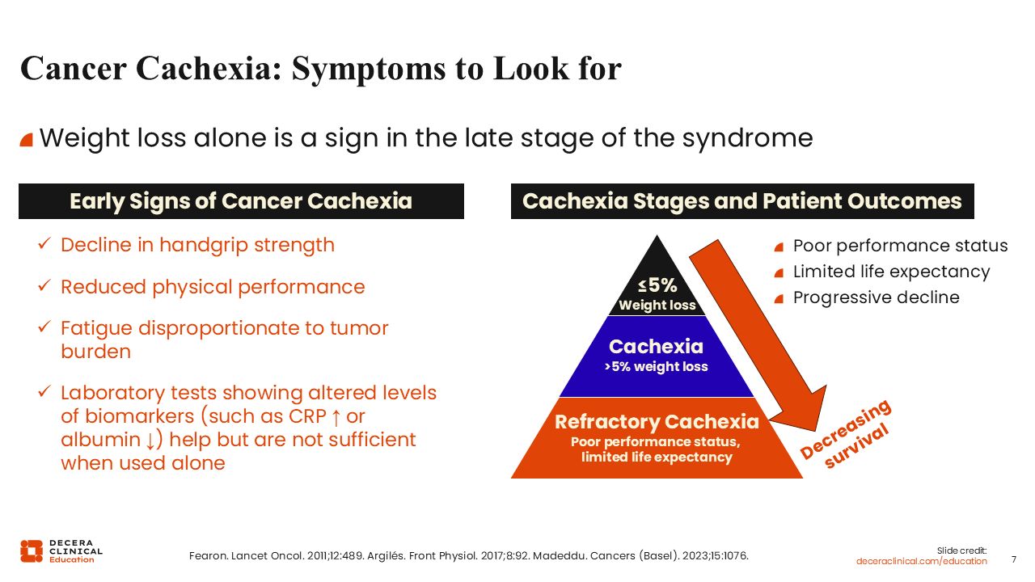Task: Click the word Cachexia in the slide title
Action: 209,69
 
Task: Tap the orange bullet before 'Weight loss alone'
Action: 27,140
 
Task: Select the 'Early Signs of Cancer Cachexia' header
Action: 241,201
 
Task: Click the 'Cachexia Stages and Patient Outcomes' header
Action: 742,201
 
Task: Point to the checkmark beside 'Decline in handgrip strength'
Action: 44,243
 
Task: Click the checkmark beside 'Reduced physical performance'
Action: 44,285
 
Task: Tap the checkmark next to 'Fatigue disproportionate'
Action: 44,327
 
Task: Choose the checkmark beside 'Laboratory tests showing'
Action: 44,391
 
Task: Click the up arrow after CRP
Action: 336,417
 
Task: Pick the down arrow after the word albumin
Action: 150,441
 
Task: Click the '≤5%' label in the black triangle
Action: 657,285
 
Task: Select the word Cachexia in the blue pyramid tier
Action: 656,347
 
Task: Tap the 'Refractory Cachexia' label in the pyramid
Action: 657,421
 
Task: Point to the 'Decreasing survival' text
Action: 846,434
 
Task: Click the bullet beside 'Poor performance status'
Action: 779,247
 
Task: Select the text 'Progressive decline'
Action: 876,297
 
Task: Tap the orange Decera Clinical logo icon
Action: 32,551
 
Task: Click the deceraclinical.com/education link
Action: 921,561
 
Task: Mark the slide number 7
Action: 1014,559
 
